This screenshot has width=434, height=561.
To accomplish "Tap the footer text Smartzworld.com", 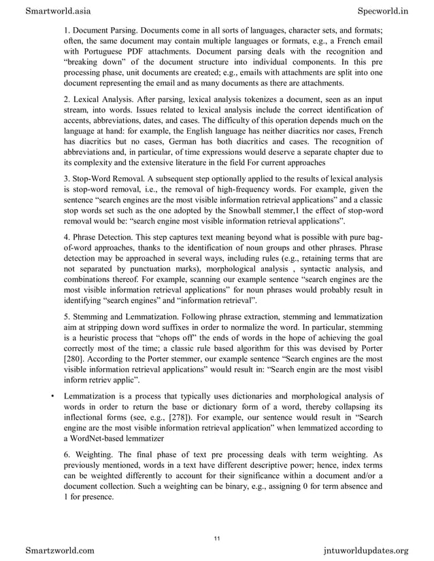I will point(60,549).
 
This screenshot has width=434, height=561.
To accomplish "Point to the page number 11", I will point(216,539).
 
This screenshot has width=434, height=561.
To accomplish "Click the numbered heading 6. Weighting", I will point(92,454).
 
